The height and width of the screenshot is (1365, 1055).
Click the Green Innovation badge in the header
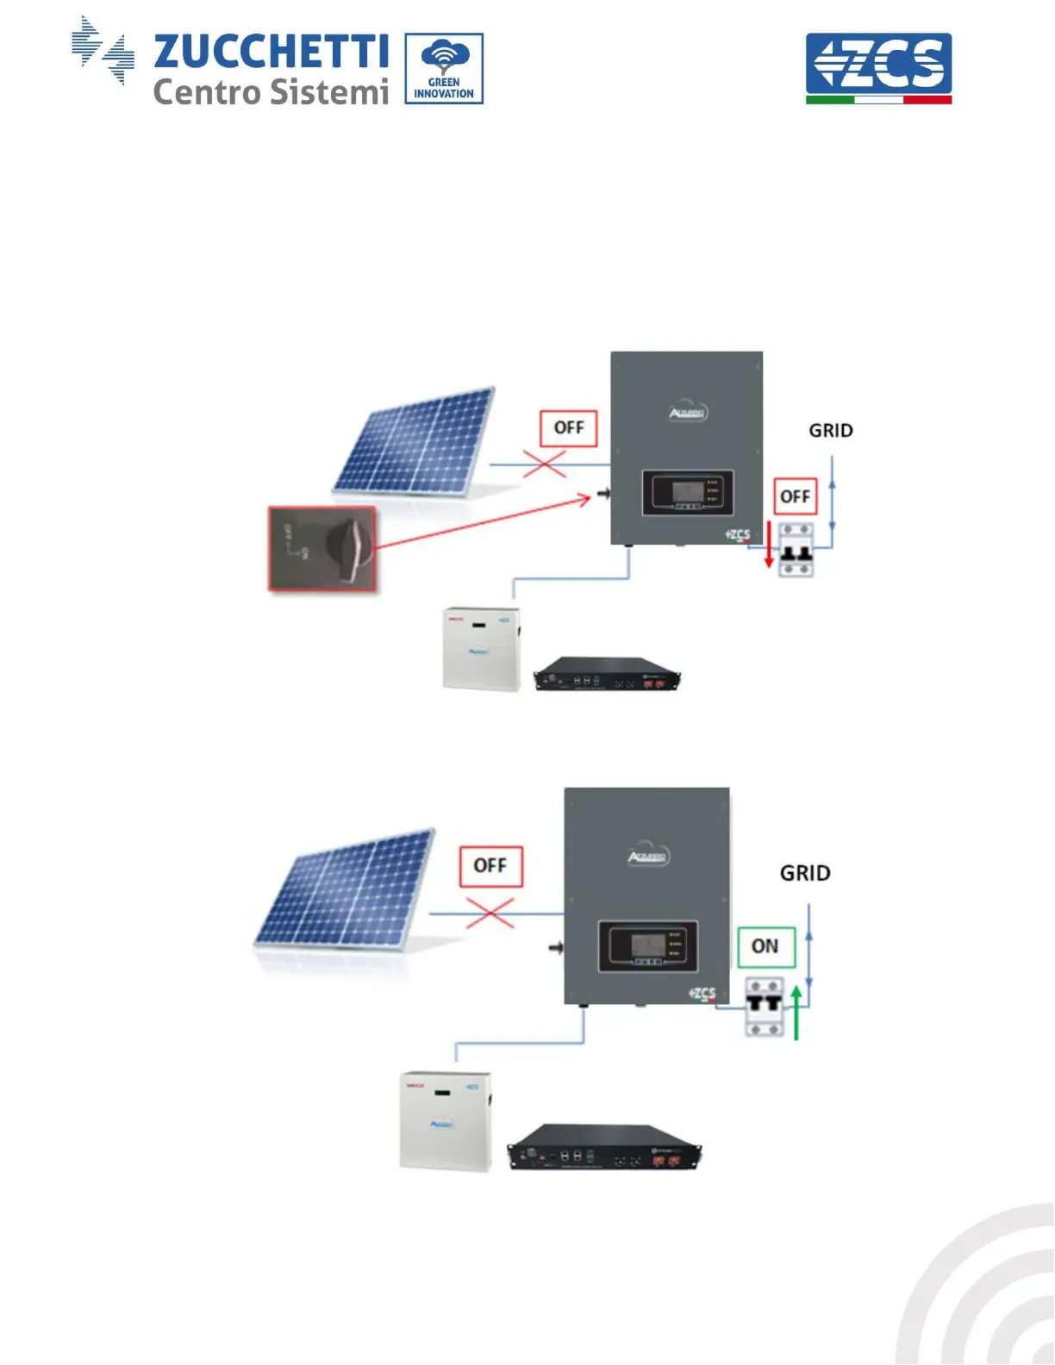coord(444,69)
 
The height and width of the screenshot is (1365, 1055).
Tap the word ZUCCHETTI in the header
coord(271,52)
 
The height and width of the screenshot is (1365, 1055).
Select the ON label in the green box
coord(765,946)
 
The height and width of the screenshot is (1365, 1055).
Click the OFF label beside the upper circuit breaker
coord(795,496)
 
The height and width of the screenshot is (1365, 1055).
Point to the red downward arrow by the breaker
coord(769,545)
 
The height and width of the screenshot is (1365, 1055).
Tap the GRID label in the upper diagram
coord(831,430)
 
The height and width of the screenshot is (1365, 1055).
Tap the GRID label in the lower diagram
coord(805,873)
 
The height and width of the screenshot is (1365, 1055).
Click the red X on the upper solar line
coord(544,465)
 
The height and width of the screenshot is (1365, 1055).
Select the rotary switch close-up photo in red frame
coord(322,548)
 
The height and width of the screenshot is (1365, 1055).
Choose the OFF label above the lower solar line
coord(490,865)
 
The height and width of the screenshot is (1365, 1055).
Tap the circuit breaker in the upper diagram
coord(796,549)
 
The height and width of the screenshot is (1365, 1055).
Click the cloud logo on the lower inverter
coord(648,855)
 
